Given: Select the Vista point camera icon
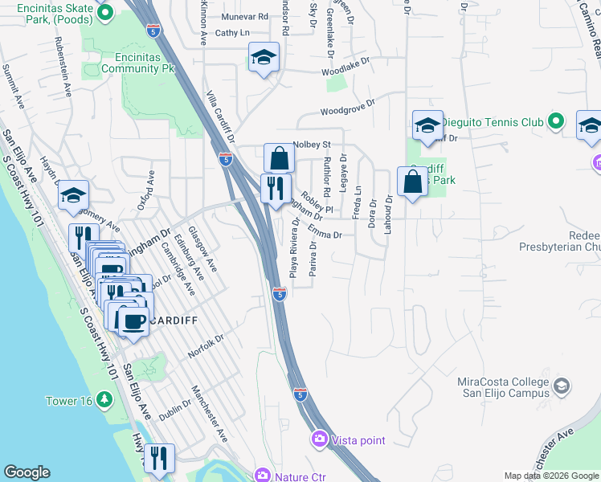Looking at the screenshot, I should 320,439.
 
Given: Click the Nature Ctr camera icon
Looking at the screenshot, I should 262,476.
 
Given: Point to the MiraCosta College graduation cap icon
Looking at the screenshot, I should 562,386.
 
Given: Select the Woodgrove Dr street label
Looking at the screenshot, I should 348,107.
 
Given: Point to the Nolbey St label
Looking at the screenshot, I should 313,145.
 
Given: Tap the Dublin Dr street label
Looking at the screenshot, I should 174,411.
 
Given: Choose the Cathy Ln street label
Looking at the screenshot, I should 233,33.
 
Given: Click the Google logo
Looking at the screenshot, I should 27,472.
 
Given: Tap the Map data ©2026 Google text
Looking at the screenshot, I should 550,476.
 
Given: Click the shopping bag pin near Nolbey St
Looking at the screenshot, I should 279,158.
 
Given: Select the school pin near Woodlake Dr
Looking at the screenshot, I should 263,58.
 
